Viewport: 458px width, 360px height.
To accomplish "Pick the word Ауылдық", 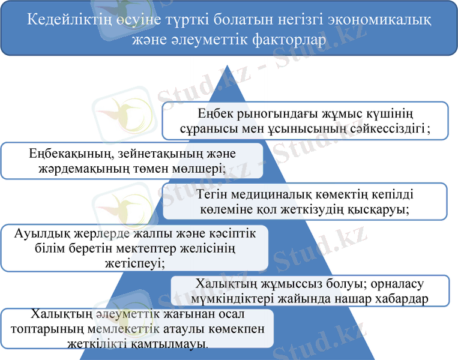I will coord(40,235).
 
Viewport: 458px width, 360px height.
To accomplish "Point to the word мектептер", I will coord(145,249).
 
